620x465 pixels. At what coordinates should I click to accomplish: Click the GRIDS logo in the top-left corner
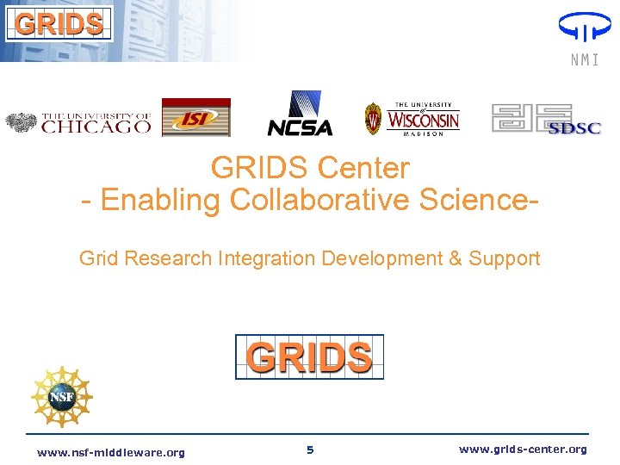coord(59,22)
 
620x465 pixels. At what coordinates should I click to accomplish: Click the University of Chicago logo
coord(79,123)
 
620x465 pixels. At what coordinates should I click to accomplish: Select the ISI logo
coord(196,118)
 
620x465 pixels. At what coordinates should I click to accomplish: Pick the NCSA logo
coord(300,115)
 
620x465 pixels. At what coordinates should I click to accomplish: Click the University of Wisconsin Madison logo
coord(412,118)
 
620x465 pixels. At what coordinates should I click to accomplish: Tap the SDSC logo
coord(546,119)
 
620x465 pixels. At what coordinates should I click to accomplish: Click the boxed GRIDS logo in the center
coord(310,356)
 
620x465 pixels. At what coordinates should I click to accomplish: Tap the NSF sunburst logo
coord(61,396)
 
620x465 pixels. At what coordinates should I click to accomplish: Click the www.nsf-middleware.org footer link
coord(111,453)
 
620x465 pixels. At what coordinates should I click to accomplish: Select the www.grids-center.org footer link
coord(523,449)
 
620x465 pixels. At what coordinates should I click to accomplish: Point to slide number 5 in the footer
coord(310,450)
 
